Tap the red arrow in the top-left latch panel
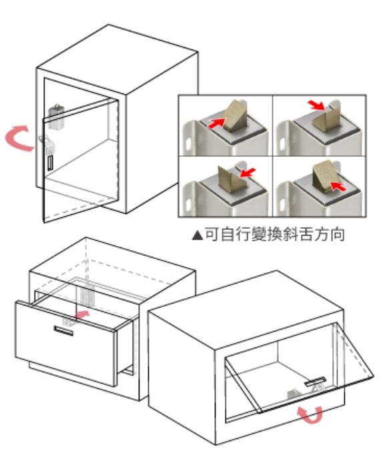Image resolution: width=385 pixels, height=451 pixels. click(x=216, y=123)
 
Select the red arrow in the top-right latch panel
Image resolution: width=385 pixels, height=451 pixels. click(x=316, y=105)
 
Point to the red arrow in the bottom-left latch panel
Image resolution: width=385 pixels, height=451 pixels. click(x=247, y=173)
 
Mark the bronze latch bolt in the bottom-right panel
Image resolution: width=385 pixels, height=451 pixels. click(x=325, y=175)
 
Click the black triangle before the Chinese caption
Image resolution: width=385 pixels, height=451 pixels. click(x=198, y=235)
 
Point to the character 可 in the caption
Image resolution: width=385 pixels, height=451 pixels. click(x=212, y=234)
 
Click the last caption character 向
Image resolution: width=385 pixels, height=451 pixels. click(x=337, y=234)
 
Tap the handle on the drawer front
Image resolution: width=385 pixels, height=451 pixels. click(x=63, y=331)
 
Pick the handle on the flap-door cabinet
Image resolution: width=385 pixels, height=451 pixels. click(x=316, y=381)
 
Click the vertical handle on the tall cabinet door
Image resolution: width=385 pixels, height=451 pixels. click(x=50, y=163)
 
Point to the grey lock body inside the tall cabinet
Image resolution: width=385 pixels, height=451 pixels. click(x=56, y=117)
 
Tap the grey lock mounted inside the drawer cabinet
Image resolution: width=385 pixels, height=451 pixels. click(x=86, y=296)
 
